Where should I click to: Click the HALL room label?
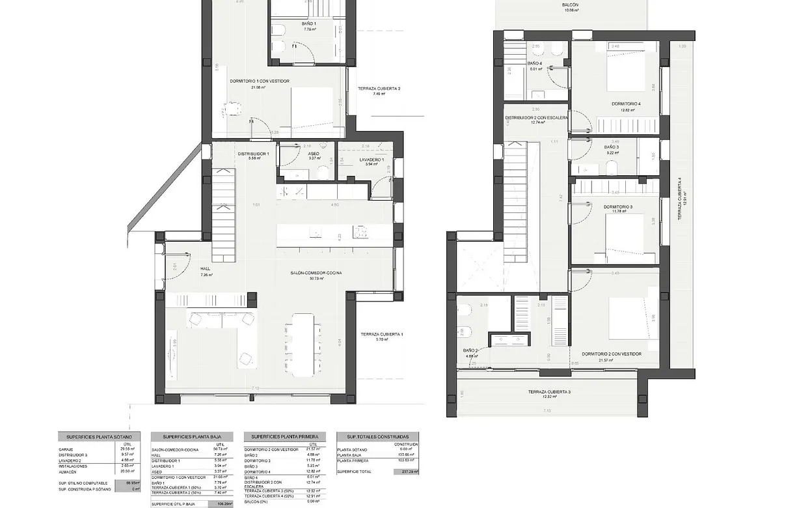(205, 268)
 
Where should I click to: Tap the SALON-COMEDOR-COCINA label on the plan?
(316, 273)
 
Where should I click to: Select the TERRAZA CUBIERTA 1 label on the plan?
(382, 335)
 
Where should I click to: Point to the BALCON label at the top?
(571, 5)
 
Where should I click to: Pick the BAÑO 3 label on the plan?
(611, 147)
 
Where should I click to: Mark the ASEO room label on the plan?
(314, 154)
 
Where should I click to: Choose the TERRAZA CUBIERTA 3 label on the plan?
(550, 391)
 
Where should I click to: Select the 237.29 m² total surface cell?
(406, 471)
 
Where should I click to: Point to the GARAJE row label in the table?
(65, 449)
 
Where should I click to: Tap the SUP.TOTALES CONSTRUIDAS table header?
(378, 436)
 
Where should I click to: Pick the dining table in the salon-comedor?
(303, 345)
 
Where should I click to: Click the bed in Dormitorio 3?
(629, 239)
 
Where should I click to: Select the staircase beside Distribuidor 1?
(223, 205)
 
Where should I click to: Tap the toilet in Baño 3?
(612, 169)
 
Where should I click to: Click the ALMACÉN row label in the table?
(66, 471)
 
